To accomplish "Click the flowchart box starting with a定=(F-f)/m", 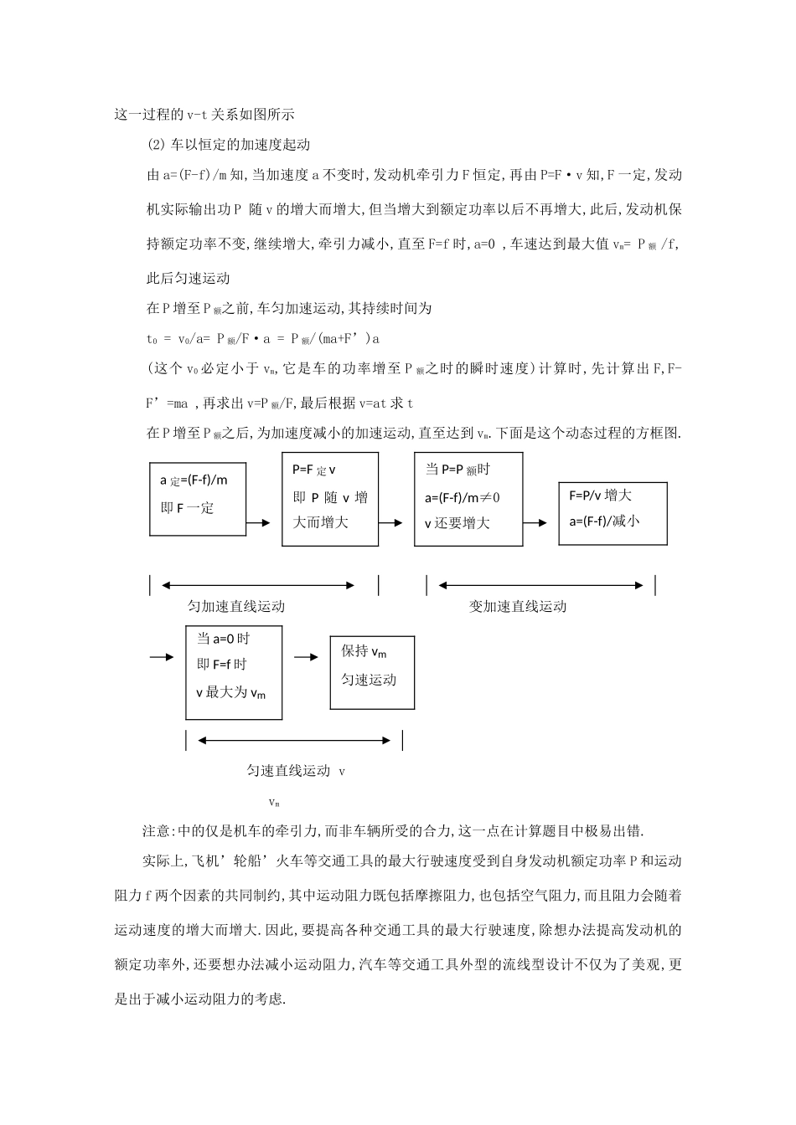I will (x=198, y=499).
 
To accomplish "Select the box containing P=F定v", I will (x=329, y=499).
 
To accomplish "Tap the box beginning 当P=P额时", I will (x=468, y=499).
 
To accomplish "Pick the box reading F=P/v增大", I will (x=613, y=513).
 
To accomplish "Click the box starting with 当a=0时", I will (x=234, y=672).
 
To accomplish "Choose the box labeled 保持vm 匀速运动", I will (x=372, y=672).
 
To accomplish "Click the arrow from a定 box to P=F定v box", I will (x=259, y=523).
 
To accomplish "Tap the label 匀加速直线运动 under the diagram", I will (x=236, y=607).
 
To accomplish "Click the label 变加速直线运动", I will (x=517, y=607).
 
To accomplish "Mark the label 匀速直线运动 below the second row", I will (x=288, y=771).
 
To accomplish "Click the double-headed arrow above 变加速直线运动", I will (x=540, y=585).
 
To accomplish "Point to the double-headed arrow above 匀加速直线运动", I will (x=258, y=585).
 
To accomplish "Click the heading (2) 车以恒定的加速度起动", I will (x=228, y=144).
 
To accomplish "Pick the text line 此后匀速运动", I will (x=188, y=278).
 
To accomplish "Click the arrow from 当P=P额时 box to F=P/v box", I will (x=536, y=523).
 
